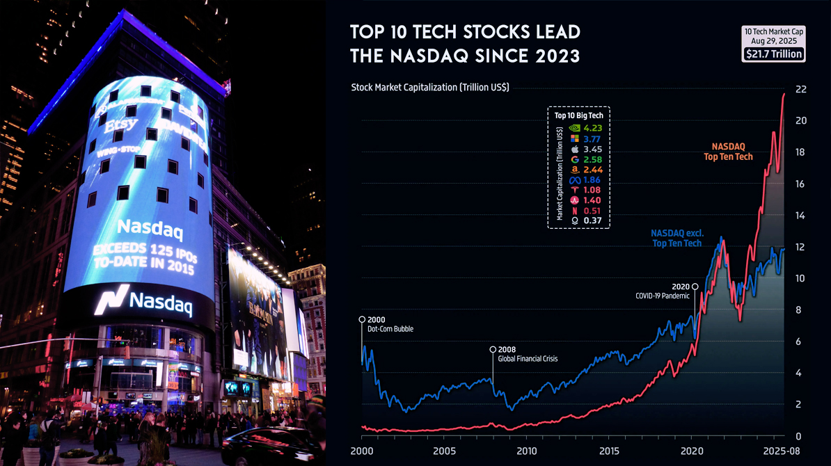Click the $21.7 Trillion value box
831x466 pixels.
(x=774, y=54)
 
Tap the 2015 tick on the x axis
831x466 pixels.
(x=609, y=451)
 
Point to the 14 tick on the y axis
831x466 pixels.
(x=800, y=216)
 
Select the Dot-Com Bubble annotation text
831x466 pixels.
(x=390, y=329)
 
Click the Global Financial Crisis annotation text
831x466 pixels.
(x=528, y=359)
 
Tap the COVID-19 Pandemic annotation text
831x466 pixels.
(x=662, y=296)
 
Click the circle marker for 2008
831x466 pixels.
(x=493, y=349)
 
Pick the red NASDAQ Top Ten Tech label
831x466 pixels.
(x=728, y=152)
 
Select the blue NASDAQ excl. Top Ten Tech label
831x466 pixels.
(x=676, y=238)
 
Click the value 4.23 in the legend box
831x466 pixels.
(x=593, y=128)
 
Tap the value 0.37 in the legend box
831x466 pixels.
(x=593, y=220)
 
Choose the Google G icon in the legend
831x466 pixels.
(x=575, y=159)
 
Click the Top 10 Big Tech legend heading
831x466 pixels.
(x=578, y=115)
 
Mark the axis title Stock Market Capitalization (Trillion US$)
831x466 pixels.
(x=429, y=88)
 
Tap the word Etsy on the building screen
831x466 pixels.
(x=121, y=126)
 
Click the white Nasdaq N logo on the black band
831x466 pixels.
(x=111, y=300)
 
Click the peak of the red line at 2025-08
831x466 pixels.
(x=784, y=94)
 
